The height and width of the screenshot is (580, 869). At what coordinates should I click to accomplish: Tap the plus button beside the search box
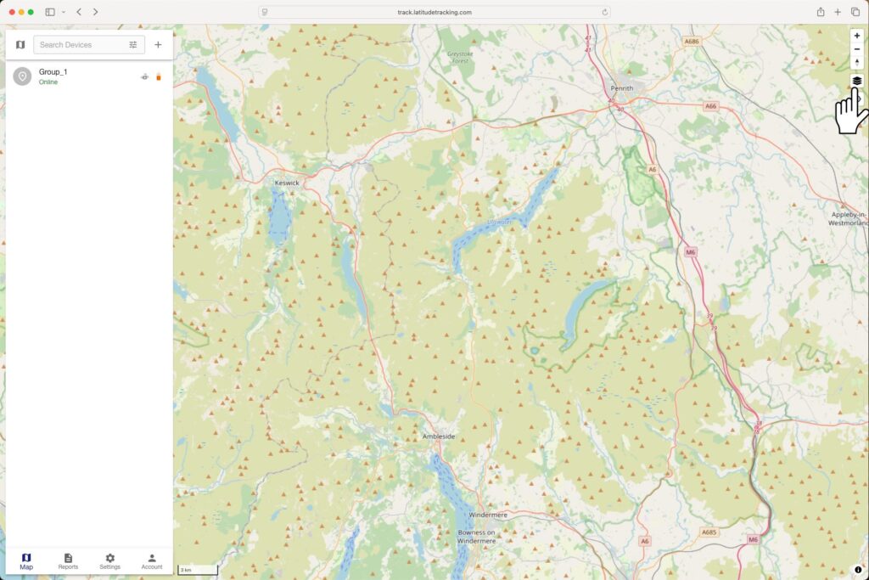click(x=158, y=45)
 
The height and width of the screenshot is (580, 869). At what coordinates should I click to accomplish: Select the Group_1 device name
click(x=53, y=72)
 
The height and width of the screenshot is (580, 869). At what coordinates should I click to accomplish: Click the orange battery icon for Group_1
click(x=158, y=77)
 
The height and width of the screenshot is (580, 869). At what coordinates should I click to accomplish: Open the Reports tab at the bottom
click(x=68, y=560)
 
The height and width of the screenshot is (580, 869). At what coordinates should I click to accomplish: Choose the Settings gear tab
click(x=109, y=560)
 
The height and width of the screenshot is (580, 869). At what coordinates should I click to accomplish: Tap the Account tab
click(x=152, y=560)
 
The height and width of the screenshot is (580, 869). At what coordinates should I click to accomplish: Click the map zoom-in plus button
click(x=857, y=36)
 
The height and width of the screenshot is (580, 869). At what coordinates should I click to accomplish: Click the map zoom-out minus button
click(x=857, y=49)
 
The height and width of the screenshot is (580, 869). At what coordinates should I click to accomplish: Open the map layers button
click(x=857, y=81)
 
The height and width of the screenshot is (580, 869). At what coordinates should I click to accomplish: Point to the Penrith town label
click(x=622, y=88)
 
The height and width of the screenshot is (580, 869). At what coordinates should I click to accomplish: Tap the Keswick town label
click(x=287, y=183)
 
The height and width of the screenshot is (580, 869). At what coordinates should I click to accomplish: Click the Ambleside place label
click(x=439, y=436)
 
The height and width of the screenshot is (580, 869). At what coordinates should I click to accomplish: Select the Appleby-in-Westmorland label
click(x=849, y=220)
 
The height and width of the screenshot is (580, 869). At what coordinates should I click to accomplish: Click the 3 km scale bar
click(x=197, y=570)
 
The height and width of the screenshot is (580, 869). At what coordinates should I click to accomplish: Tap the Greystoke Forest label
click(x=459, y=57)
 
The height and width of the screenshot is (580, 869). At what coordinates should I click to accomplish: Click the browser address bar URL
click(x=434, y=12)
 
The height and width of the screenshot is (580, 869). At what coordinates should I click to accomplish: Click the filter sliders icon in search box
click(x=133, y=45)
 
